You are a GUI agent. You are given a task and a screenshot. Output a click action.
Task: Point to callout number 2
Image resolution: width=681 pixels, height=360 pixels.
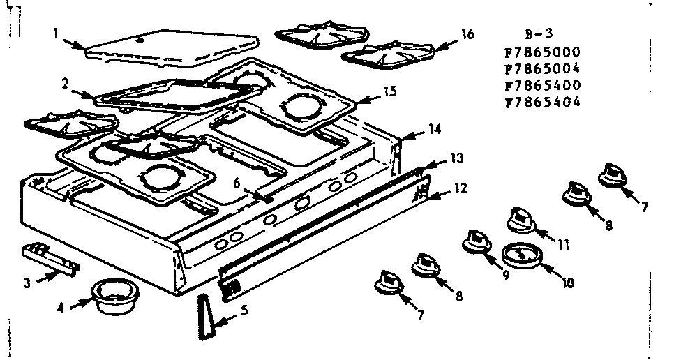63,82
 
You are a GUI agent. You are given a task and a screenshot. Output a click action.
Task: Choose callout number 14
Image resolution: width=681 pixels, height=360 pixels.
435,128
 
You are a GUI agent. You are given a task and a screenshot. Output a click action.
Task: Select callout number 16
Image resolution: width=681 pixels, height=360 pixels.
467,33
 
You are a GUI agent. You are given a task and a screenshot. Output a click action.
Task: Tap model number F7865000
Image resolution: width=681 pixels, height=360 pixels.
541,52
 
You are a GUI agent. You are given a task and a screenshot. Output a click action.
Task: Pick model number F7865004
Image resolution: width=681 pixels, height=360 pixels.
541,68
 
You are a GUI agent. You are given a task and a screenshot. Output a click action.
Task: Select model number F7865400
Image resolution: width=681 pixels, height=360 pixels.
541,84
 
